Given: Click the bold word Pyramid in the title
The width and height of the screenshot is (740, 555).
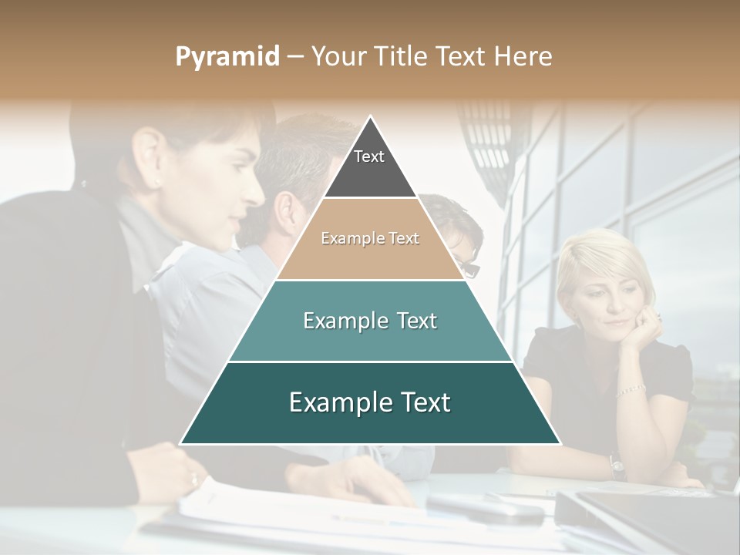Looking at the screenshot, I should [x=227, y=57].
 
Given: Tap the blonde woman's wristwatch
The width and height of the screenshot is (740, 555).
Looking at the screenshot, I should [x=616, y=465].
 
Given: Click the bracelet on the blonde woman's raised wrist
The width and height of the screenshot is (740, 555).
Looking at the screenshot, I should [x=631, y=390].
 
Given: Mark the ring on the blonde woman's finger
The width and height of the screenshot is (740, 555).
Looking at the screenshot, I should [x=658, y=316].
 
